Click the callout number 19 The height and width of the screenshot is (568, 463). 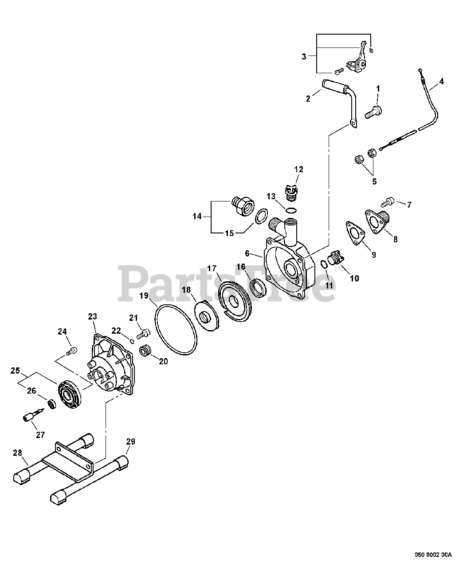[144, 295]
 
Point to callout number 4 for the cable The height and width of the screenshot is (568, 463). [441, 81]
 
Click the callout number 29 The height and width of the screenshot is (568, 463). [130, 442]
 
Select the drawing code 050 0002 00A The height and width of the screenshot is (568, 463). [433, 554]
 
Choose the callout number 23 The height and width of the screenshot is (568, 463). [92, 316]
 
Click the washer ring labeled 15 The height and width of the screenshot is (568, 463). [262, 216]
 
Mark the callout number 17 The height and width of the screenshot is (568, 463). [212, 268]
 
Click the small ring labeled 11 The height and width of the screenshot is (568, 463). [324, 265]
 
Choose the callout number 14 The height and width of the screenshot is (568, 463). [197, 217]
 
